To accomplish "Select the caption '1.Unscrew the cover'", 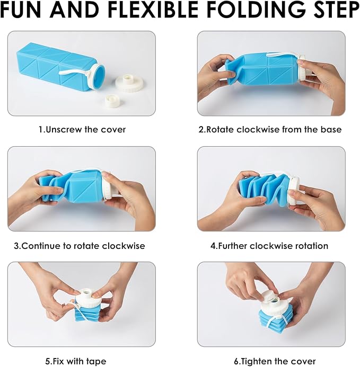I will [x=82, y=129].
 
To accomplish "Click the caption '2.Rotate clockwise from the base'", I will [x=270, y=129].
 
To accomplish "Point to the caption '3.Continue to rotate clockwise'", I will [x=79, y=246].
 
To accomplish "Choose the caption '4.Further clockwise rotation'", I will [x=269, y=246].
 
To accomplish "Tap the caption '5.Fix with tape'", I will [x=81, y=361].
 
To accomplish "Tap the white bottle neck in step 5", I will [x=85, y=294].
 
